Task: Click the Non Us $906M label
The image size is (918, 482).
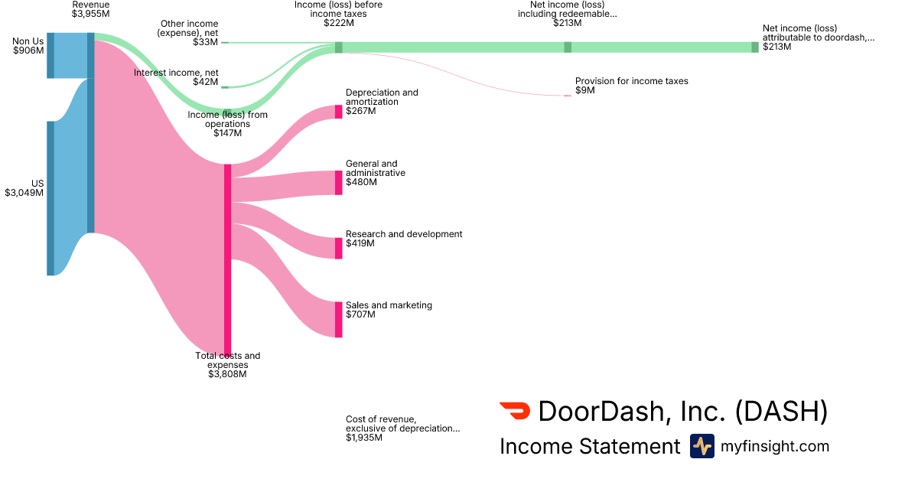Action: point(28,46)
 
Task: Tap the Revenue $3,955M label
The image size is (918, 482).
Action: point(90,9)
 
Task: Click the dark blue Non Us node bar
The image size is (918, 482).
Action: point(50,55)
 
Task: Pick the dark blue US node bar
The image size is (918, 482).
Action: point(50,197)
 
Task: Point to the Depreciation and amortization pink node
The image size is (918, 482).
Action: point(338,112)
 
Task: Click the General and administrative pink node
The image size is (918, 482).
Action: point(338,183)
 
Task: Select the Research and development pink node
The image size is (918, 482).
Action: point(338,248)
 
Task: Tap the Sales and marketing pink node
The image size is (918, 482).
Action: point(338,319)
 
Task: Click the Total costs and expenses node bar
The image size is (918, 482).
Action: point(227,260)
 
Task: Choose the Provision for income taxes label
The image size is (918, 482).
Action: point(631,86)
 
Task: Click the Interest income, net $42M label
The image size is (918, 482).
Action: point(176,77)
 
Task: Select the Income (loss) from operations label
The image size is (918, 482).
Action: point(227,124)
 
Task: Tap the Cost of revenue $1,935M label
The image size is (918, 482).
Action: point(402,428)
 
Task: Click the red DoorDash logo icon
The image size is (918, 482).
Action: point(514,411)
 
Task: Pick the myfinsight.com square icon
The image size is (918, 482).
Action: point(702,446)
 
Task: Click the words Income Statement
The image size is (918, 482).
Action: point(589,447)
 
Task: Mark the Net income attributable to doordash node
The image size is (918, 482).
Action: point(755,47)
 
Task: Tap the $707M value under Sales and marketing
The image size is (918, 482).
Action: point(361,314)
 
